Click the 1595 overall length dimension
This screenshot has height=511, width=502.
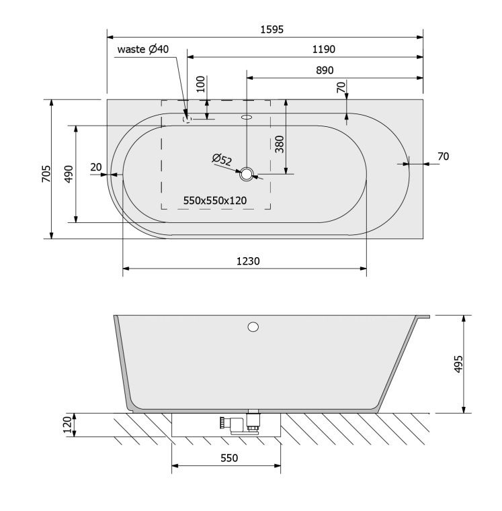pyautogui.click(x=271, y=30)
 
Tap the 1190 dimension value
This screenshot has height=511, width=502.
pyautogui.click(x=323, y=50)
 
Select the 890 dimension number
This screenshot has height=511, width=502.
pyautogui.click(x=325, y=71)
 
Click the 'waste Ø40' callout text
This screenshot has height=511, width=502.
pyautogui.click(x=143, y=49)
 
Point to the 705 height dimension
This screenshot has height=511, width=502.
pyautogui.click(x=46, y=174)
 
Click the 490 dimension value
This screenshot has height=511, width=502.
pyautogui.click(x=69, y=174)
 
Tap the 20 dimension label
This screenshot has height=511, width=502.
pyautogui.click(x=96, y=167)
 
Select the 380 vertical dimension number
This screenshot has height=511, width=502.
pyautogui.click(x=280, y=144)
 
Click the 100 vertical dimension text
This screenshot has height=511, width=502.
pyautogui.click(x=201, y=84)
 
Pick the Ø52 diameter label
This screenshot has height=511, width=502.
pyautogui.click(x=222, y=159)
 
